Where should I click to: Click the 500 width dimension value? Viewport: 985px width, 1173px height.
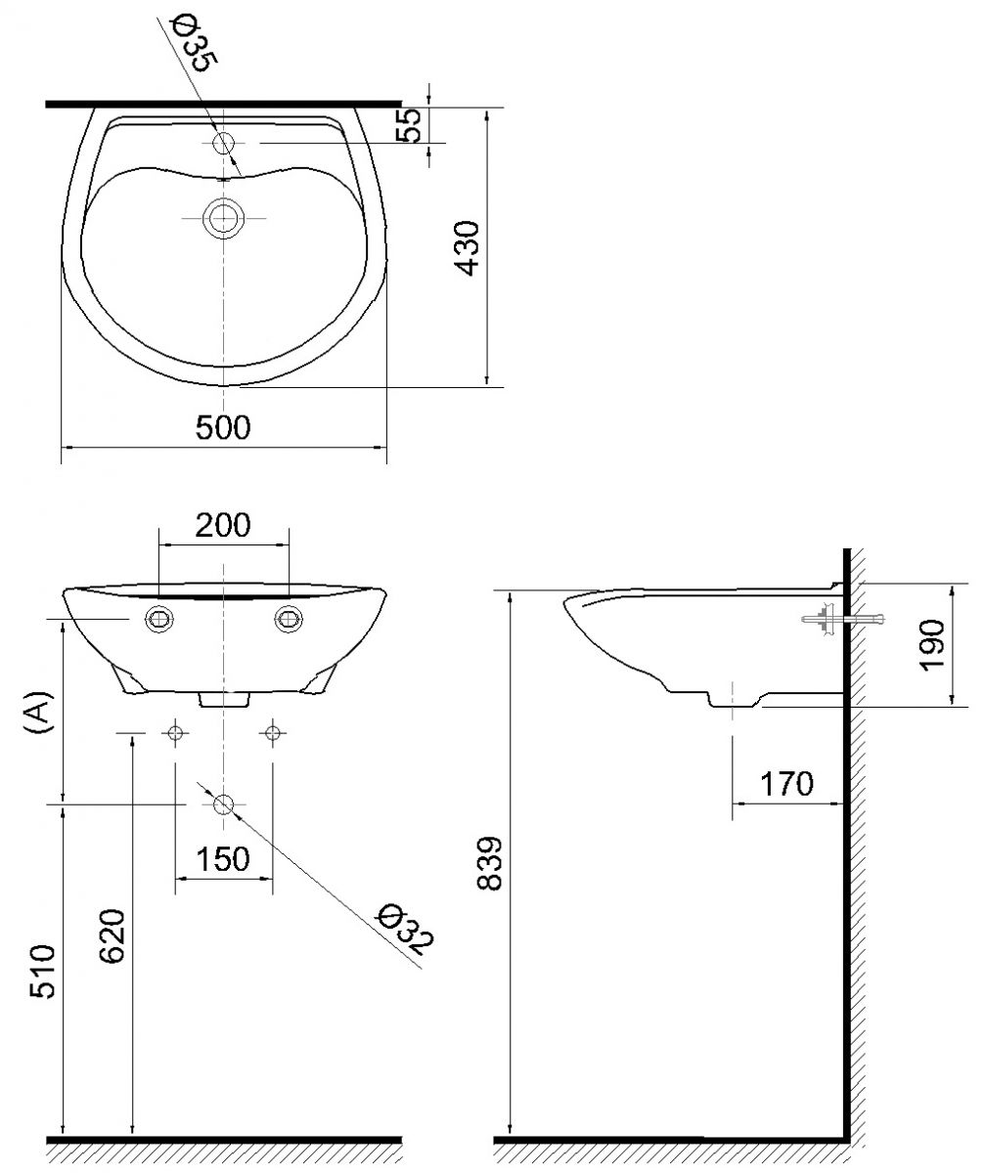[x=223, y=427]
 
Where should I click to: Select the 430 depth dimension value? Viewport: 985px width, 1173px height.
[x=469, y=247]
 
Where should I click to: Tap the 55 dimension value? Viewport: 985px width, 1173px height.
[x=412, y=124]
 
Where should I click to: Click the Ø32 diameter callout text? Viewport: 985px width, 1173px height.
[x=406, y=930]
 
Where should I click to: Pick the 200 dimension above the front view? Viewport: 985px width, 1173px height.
[x=223, y=525]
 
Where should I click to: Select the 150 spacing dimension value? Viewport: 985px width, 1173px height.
[x=223, y=860]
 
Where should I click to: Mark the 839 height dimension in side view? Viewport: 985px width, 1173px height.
[x=491, y=863]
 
